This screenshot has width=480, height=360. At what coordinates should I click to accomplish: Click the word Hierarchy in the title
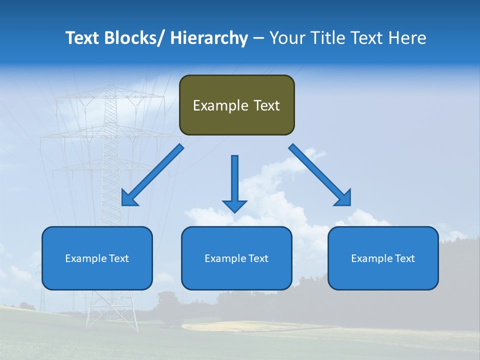(209, 38)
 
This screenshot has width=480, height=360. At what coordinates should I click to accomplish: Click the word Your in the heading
(287, 38)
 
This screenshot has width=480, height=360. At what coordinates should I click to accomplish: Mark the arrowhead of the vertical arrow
(234, 205)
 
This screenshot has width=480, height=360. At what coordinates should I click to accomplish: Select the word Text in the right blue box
(404, 258)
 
